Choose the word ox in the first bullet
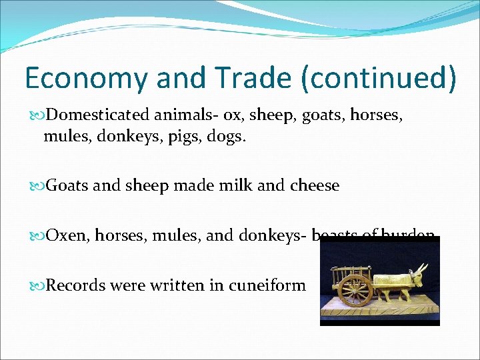pyautogui.click(x=233, y=115)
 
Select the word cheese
pyautogui.click(x=314, y=185)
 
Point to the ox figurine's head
pyautogui.click(x=422, y=274)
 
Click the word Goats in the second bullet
pyautogui.click(x=67, y=185)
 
